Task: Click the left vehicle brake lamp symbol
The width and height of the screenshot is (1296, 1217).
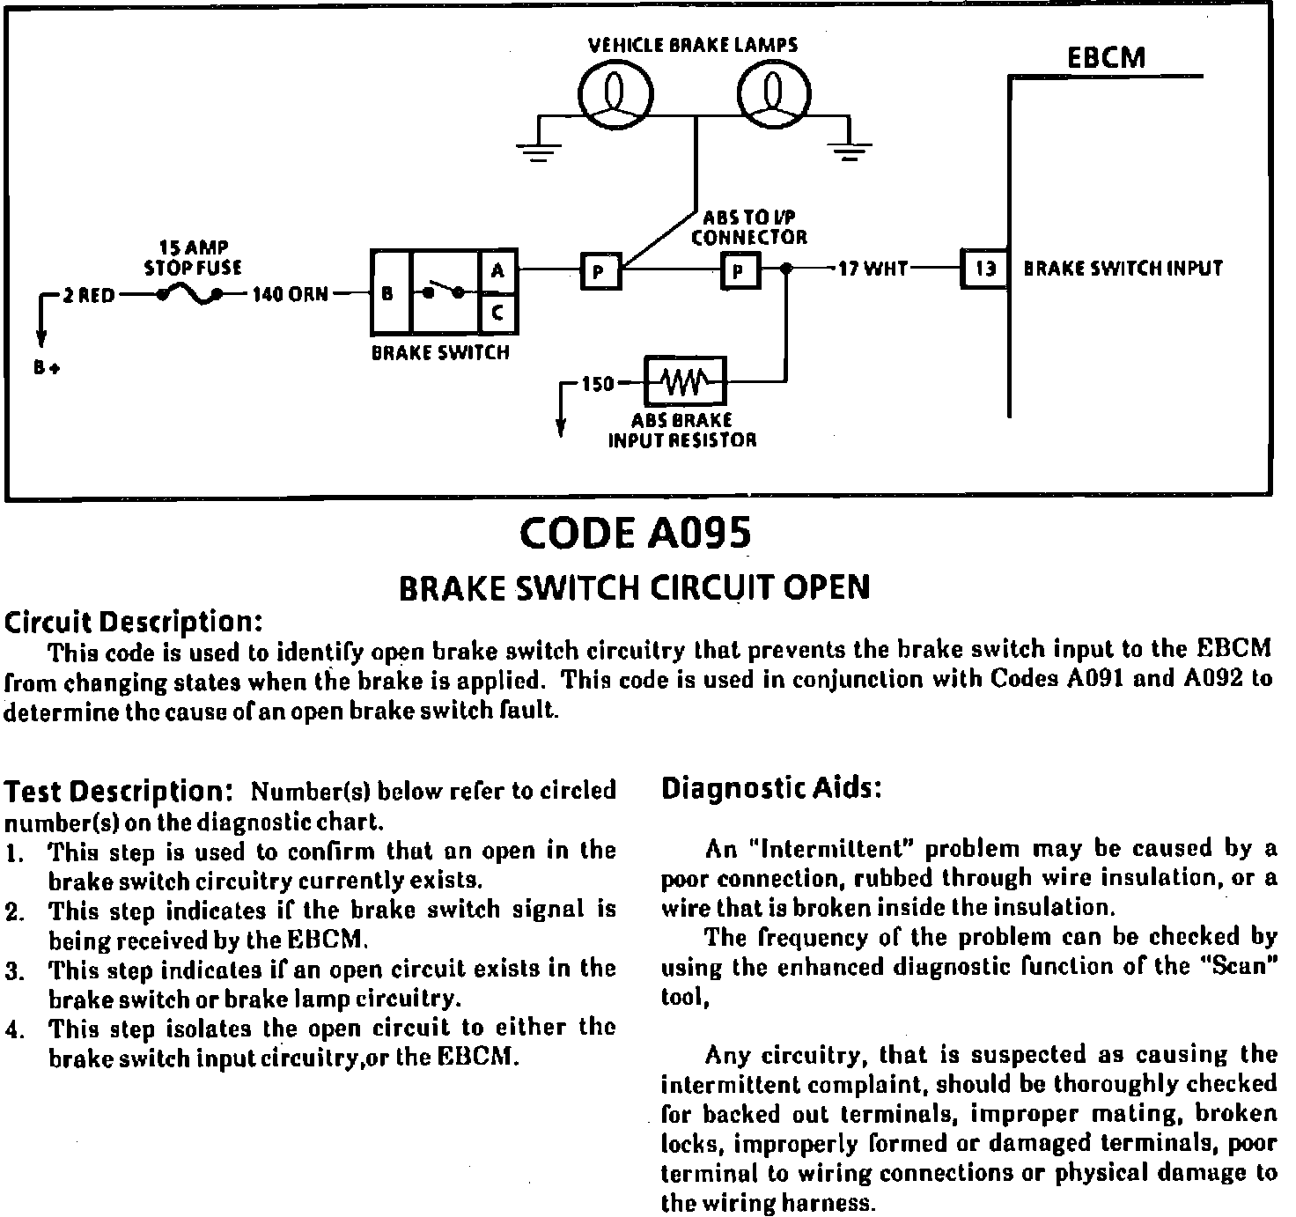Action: coord(615,93)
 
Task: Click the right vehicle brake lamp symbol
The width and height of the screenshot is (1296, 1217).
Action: coord(773,93)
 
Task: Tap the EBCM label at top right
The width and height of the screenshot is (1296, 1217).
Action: coord(1106,58)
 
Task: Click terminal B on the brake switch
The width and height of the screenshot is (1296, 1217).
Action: coord(388,294)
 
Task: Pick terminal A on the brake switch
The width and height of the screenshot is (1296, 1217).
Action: coord(497,271)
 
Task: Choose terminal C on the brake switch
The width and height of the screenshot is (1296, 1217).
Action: coord(497,313)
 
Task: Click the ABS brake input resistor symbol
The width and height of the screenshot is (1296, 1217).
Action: coord(685,382)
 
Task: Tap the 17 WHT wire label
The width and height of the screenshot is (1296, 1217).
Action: coord(873,268)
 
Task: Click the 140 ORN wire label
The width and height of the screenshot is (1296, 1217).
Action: coord(291,295)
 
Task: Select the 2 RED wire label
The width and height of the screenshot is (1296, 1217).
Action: coord(88,296)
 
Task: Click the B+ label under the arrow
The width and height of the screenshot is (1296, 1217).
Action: coord(46,368)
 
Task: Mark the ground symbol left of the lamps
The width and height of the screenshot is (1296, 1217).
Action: coord(533,151)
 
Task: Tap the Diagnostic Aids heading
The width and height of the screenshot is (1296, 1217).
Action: coord(770,787)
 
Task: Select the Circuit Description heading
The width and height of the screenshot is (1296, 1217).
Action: coord(134,622)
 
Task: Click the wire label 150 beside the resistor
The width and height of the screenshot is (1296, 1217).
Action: coord(598,384)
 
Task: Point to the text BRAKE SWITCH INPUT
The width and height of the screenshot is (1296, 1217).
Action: coord(1123,268)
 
